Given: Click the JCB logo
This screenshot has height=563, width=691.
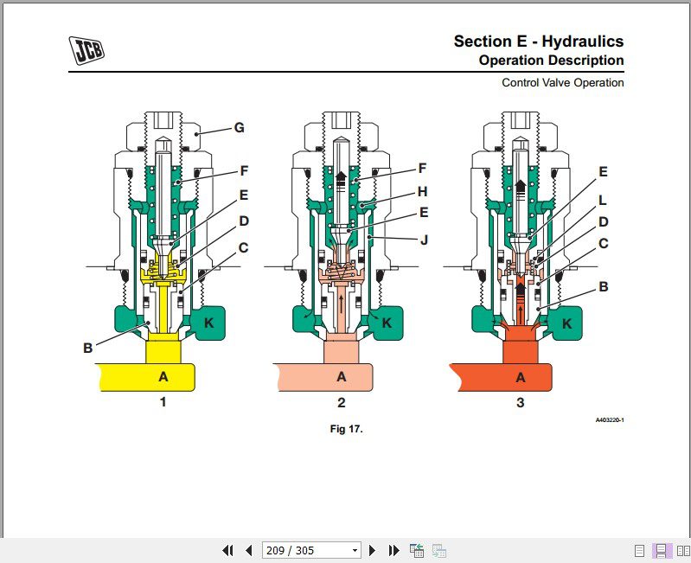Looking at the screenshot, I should click(x=87, y=51).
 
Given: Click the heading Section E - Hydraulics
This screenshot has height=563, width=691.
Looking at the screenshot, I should click(x=538, y=42).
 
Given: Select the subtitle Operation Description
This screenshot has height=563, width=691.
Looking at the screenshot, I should click(x=551, y=61).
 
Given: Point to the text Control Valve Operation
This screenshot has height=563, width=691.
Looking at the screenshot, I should click(x=562, y=83).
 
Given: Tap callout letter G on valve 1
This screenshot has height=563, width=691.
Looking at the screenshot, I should click(x=240, y=128).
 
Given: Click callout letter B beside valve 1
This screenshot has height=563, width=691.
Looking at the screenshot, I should click(x=87, y=349).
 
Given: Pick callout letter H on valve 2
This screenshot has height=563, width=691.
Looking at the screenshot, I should click(x=422, y=191).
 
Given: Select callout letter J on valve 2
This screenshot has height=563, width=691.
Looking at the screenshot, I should click(x=424, y=240).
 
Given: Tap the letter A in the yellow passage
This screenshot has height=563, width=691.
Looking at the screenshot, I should click(x=162, y=376).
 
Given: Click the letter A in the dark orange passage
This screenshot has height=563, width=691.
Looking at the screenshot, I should click(x=521, y=376).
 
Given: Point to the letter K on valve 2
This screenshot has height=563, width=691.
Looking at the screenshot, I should click(x=387, y=323).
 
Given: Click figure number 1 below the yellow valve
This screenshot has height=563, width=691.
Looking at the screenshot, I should click(x=163, y=402).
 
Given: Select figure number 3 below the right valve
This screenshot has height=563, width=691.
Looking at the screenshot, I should click(x=521, y=402).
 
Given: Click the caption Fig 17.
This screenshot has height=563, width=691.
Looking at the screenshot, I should click(x=346, y=428).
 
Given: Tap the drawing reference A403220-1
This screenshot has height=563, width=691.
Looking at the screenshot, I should click(x=609, y=420).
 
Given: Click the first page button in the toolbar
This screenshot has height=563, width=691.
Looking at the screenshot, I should click(x=228, y=550).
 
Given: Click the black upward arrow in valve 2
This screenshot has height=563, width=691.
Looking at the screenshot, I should click(x=342, y=178).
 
